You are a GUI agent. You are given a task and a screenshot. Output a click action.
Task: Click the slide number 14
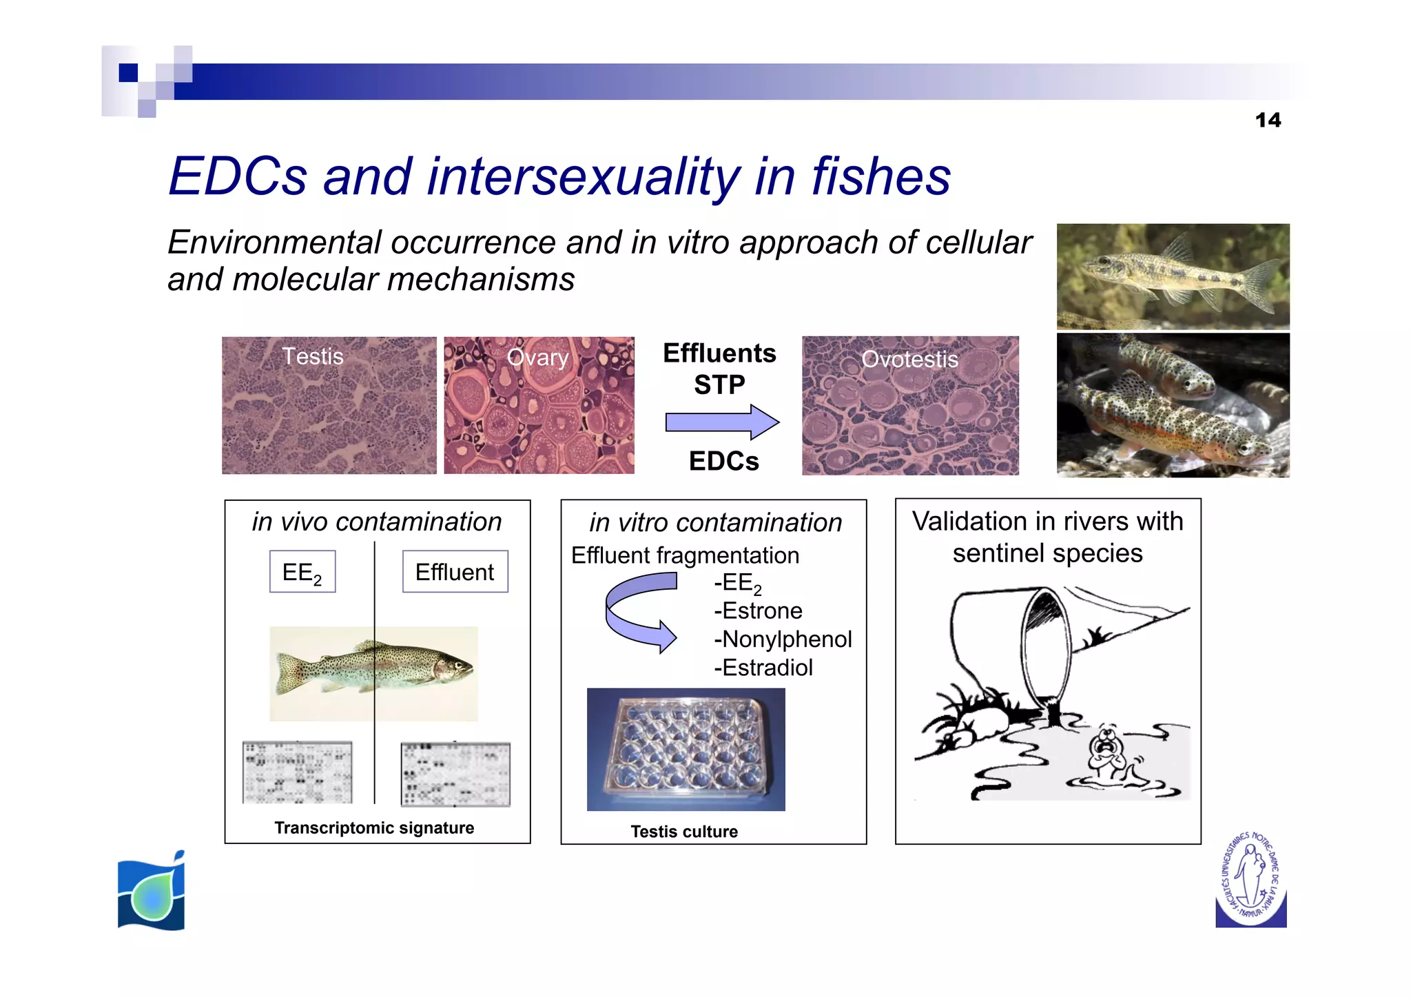[1268, 121]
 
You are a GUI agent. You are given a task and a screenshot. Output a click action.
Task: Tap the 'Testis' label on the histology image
[313, 356]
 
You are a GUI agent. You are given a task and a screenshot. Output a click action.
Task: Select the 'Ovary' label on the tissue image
[537, 358]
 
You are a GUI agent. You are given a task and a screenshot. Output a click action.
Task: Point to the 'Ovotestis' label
[909, 359]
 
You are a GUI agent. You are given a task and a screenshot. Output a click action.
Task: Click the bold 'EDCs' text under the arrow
[723, 461]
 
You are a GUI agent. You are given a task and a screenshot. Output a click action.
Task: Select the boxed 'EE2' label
[302, 572]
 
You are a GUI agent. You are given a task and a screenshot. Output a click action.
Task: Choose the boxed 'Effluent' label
[455, 572]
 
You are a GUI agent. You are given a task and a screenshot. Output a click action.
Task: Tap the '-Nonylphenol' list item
[783, 639]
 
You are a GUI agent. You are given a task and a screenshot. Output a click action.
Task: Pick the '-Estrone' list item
[758, 611]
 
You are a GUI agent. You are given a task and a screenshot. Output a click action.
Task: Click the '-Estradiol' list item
[763, 668]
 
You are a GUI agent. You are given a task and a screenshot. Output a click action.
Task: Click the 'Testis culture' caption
[684, 832]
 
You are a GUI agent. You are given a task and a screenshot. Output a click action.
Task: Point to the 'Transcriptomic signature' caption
[374, 828]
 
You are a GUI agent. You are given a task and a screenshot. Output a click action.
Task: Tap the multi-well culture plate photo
[686, 749]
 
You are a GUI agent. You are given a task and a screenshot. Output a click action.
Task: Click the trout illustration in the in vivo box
[374, 672]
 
